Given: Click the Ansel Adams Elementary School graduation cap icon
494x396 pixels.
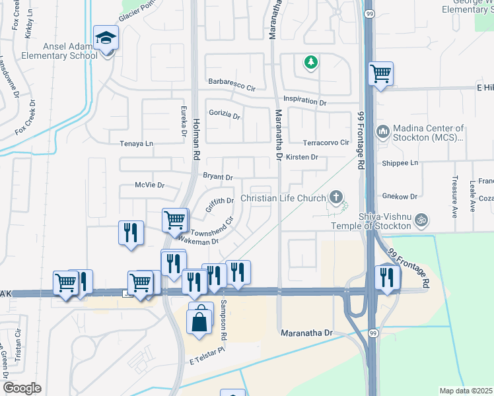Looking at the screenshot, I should point(105,39).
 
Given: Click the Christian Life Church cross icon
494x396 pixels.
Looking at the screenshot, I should point(336,197).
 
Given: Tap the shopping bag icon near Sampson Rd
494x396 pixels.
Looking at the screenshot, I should point(200,322).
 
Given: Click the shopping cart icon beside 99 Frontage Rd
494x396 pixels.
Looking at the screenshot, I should point(380,74).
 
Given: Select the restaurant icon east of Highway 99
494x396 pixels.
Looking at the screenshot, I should point(386,277).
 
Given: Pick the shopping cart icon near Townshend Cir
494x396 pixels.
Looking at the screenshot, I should point(174,220).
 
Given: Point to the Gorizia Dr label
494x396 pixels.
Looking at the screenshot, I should point(225,115).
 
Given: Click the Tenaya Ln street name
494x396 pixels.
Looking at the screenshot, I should point(136,143).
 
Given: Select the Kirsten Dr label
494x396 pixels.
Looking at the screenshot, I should point(302,157).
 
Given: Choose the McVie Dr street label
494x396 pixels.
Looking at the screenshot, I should point(149,185).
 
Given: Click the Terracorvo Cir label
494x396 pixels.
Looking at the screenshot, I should point(326,143).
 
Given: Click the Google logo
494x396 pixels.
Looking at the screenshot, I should point(22,387).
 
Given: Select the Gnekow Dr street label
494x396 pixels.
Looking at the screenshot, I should point(400,196).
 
